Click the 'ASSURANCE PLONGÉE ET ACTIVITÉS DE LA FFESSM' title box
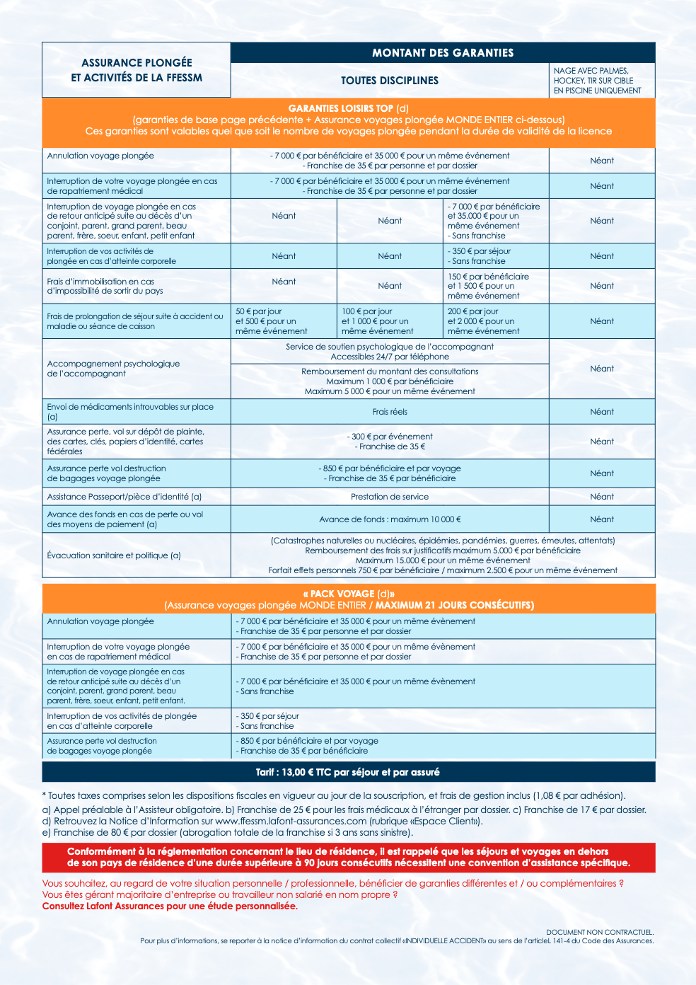pos(137,70)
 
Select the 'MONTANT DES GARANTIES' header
pos(443,53)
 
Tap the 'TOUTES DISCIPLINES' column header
pos(390,81)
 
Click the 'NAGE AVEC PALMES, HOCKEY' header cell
pos(602,81)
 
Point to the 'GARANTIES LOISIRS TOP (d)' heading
pos(348,109)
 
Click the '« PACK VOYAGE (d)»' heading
pos(349,594)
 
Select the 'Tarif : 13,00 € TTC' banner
pos(348,772)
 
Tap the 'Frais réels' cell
pos(390,412)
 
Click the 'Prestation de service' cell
pos(390,497)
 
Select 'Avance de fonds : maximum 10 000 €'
pos(390,519)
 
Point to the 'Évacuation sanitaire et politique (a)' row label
pos(114,555)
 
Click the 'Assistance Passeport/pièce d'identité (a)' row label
pos(124,497)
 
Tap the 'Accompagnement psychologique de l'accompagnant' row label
pos(114,369)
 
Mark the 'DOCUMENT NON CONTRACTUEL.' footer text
pos(600,933)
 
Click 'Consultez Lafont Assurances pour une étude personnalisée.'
pos(170,906)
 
